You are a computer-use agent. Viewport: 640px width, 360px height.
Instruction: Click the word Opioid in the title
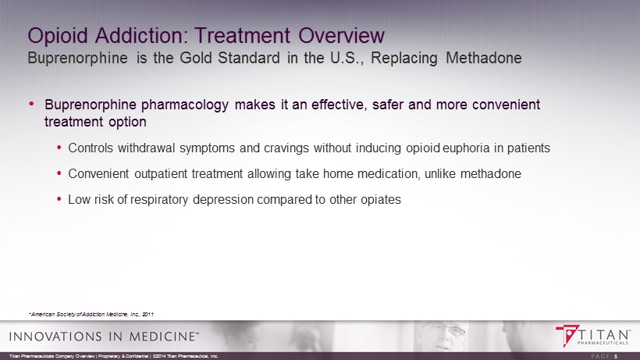tap(58, 36)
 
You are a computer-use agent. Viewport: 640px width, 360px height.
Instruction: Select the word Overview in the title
tap(341, 35)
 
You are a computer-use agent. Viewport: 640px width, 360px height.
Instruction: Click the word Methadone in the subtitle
tap(484, 58)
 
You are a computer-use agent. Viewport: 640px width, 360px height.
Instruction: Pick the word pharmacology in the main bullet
tap(185, 105)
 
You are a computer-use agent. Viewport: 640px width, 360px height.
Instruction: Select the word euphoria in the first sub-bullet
tap(466, 148)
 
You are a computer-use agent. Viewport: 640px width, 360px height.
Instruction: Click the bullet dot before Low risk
tap(59, 199)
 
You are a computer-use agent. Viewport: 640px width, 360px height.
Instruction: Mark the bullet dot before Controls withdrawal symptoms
tap(59, 148)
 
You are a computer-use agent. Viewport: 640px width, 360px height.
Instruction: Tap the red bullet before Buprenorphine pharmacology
tap(31, 105)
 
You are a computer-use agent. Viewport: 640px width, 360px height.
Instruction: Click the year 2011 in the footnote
tap(148, 314)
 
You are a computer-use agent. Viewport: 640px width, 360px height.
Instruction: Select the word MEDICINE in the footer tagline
tap(162, 337)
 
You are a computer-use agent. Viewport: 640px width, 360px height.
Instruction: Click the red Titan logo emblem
tap(567, 335)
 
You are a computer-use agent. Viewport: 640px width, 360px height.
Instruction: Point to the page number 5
tap(617, 356)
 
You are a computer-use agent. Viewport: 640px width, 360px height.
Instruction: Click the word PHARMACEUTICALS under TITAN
tap(603, 344)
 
